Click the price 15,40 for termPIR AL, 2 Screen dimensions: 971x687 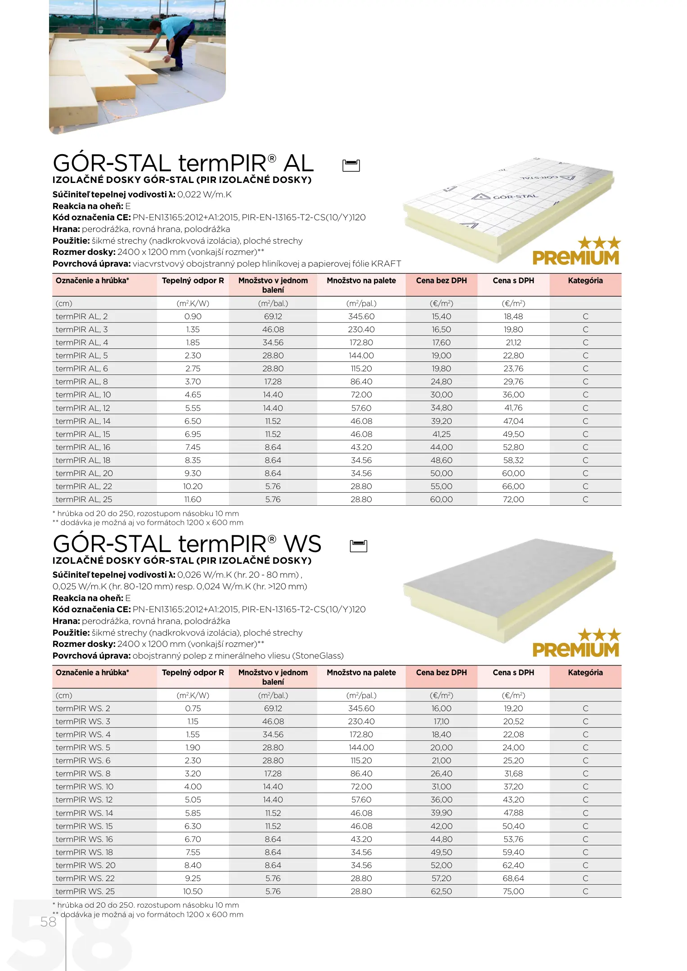(441, 316)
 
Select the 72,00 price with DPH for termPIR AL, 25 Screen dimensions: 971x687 (513, 499)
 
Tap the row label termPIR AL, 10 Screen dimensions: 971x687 (83, 395)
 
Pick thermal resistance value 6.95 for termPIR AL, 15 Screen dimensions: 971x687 (193, 434)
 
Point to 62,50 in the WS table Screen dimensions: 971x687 (441, 891)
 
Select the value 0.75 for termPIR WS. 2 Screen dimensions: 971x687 (193, 708)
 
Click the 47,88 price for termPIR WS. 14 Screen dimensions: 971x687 (513, 813)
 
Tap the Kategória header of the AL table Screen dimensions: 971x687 (585, 281)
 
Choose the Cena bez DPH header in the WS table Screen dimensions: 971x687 (441, 673)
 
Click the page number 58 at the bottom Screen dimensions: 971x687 (48, 922)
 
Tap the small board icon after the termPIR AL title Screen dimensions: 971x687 (351, 165)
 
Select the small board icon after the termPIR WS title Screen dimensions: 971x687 (359, 546)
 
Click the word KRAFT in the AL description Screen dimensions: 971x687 (386, 264)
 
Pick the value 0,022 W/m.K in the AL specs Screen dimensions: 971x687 (204, 195)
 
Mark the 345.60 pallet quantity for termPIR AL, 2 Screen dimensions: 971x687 (361, 316)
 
